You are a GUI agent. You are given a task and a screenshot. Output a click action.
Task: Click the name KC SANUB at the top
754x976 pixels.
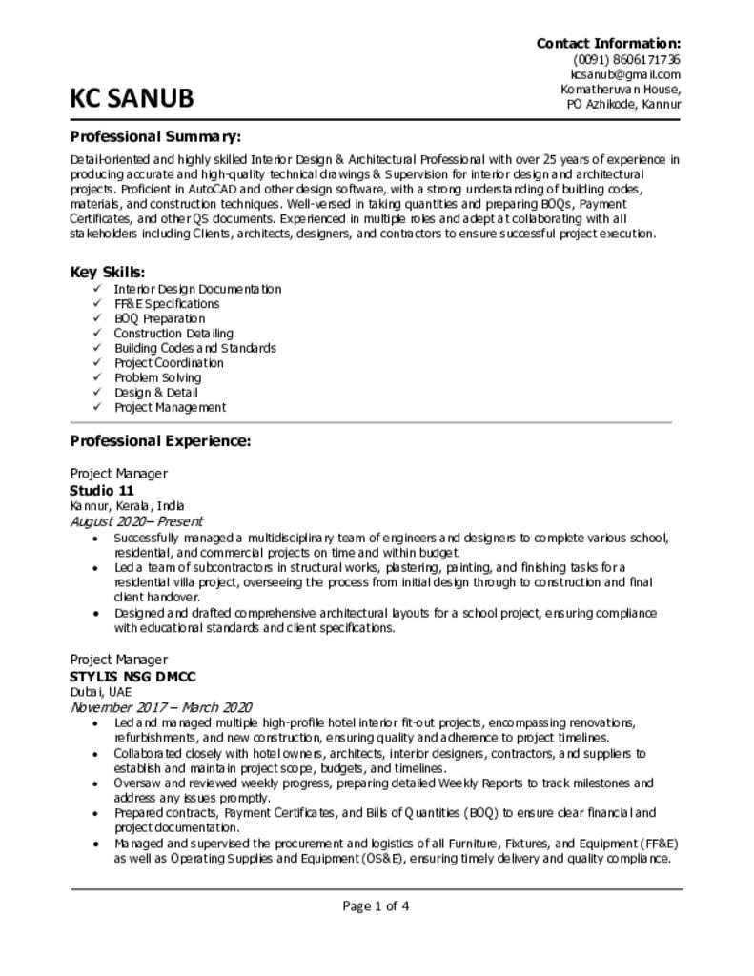click(132, 98)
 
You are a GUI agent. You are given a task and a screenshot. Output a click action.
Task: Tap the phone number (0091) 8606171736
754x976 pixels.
click(626, 59)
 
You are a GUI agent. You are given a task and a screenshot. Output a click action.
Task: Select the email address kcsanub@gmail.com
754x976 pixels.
click(625, 74)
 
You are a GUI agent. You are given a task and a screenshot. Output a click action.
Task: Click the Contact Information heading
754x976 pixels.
click(608, 43)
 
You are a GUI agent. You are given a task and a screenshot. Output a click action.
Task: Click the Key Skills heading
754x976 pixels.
click(108, 272)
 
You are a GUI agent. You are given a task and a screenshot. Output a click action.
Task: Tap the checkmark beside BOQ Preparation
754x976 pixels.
click(96, 318)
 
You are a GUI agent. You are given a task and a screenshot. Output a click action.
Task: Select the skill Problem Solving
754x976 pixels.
click(157, 377)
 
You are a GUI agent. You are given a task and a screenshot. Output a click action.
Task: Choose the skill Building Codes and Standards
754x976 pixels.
click(194, 348)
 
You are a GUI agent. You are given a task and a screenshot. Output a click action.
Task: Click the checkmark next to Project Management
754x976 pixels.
click(96, 407)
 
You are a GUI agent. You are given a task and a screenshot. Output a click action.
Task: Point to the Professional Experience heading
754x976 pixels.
click(160, 441)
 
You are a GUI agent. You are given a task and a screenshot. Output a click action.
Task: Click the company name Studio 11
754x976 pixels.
click(102, 490)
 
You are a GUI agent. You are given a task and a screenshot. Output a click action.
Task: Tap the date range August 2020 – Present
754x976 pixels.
click(136, 521)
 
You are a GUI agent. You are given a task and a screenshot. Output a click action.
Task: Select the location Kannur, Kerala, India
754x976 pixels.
click(128, 505)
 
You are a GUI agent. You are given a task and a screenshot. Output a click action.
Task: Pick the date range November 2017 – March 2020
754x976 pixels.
click(161, 707)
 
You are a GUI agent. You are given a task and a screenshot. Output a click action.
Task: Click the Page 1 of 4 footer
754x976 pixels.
click(377, 905)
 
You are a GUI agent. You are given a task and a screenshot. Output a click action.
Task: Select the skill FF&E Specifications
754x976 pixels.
click(166, 303)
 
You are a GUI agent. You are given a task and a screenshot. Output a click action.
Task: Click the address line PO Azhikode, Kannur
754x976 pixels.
click(623, 104)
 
